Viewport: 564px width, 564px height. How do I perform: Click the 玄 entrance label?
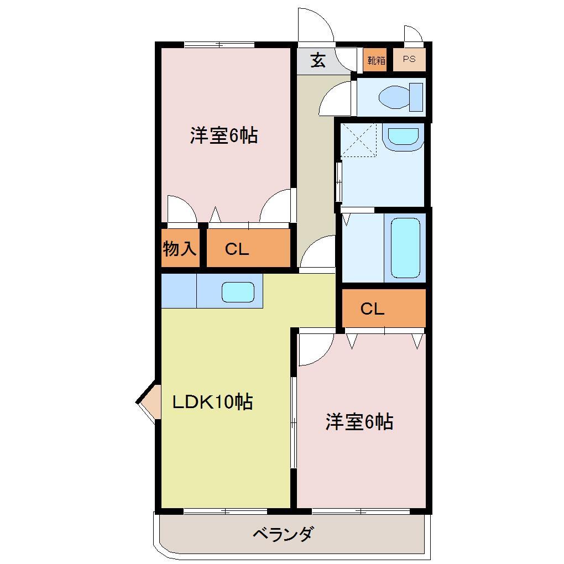click(317, 60)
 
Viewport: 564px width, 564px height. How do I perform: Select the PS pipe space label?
click(409, 60)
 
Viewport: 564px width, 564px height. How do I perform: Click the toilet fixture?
click(401, 98)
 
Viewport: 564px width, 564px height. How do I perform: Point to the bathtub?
click(405, 247)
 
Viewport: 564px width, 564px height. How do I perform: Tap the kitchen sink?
click(238, 291)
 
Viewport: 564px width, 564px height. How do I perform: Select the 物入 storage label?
click(180, 249)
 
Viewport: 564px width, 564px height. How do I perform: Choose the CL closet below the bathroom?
click(372, 309)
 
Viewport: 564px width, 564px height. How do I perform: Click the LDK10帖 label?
click(212, 402)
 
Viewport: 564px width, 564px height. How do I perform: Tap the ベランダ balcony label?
click(284, 534)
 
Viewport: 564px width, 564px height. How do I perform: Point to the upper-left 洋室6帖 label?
click(224, 135)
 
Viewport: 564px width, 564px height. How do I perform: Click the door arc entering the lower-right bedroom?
click(314, 349)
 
